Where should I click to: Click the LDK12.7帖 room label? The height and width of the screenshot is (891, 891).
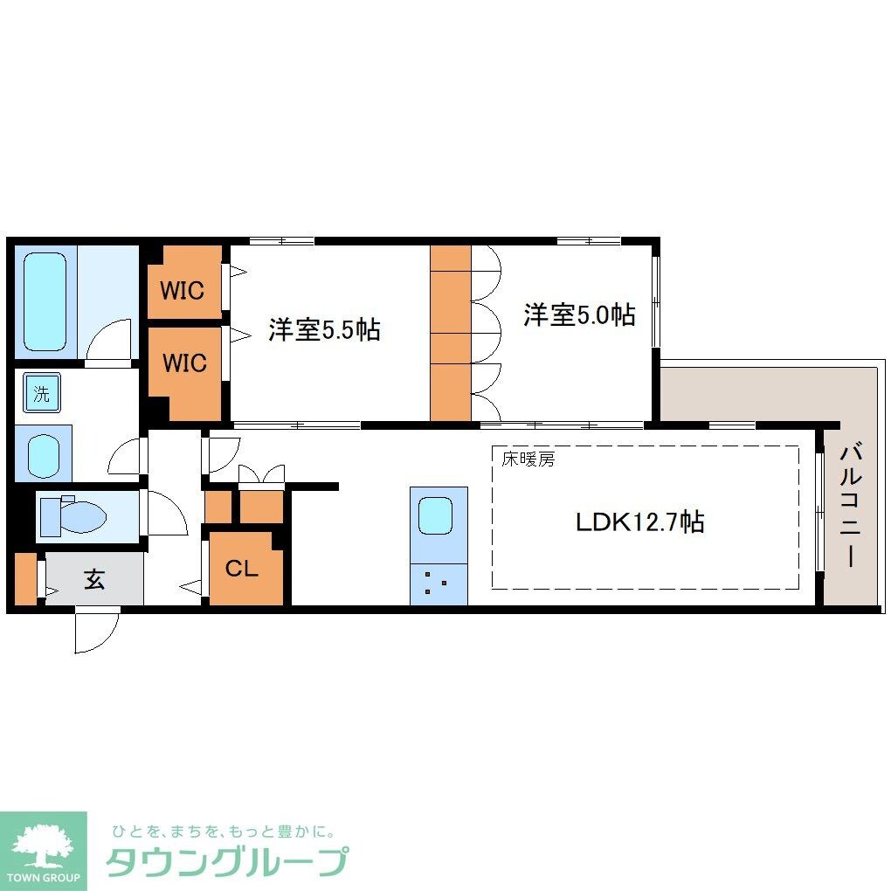tap(640, 522)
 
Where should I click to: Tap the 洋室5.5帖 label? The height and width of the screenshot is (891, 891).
tap(323, 330)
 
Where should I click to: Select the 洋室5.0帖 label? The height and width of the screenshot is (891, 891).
tap(579, 314)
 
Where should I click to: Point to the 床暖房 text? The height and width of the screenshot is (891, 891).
tap(527, 459)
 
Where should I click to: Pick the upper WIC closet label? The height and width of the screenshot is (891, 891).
tap(183, 289)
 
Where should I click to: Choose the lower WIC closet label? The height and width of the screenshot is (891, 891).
tap(183, 361)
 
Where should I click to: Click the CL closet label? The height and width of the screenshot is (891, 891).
tap(242, 569)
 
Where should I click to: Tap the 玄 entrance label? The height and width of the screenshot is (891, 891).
tap(93, 578)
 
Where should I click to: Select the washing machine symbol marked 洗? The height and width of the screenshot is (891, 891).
tap(41, 393)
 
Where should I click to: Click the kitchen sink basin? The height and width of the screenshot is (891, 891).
tap(436, 515)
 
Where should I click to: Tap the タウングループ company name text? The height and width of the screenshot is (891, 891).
tap(226, 861)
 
